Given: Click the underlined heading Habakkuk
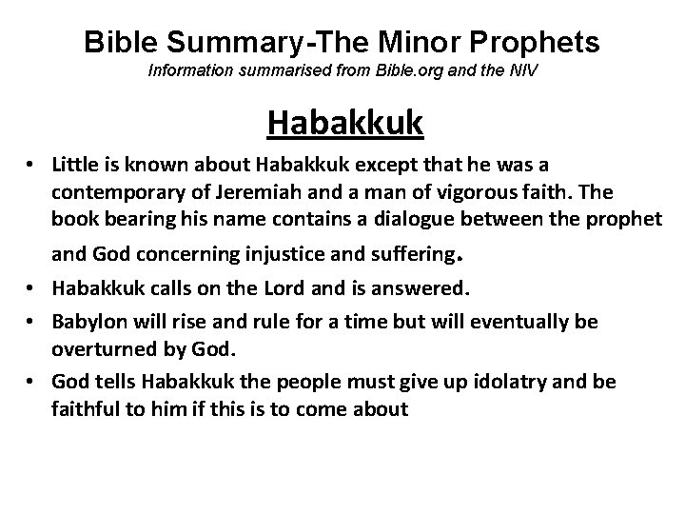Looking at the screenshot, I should [x=345, y=123].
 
